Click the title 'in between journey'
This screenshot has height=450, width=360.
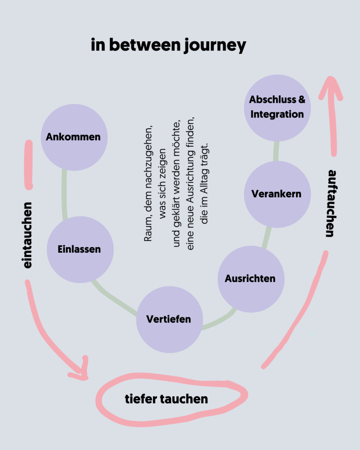(x=168, y=46)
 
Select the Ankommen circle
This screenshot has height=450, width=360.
(x=73, y=137)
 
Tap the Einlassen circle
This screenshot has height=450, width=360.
(x=80, y=249)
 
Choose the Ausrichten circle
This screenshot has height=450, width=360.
(x=251, y=279)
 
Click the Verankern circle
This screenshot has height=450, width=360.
(x=277, y=194)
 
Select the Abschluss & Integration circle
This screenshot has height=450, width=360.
(x=277, y=107)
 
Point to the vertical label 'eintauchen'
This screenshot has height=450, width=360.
(x=28, y=235)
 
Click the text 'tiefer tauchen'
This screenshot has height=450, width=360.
(x=166, y=399)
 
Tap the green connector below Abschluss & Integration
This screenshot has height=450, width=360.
(x=276, y=151)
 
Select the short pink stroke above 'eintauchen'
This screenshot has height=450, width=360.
(x=29, y=165)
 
